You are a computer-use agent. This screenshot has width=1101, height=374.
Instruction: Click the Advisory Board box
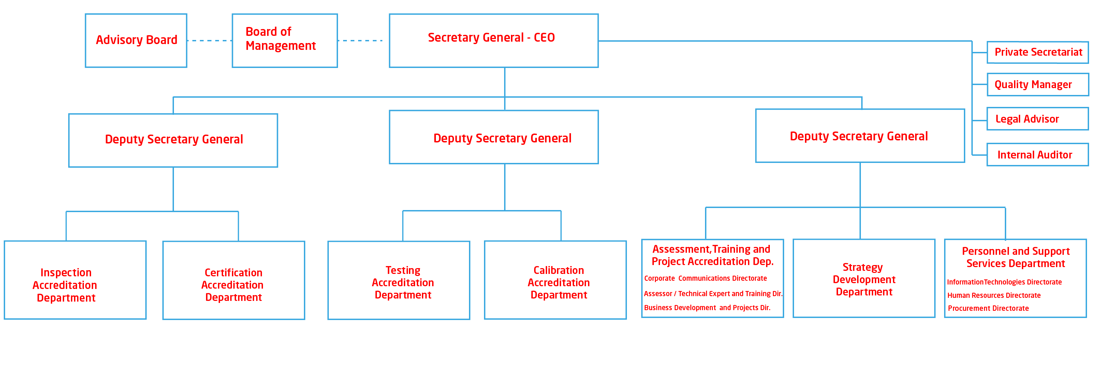click(x=136, y=40)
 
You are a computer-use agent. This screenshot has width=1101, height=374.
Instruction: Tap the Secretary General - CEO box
click(x=493, y=40)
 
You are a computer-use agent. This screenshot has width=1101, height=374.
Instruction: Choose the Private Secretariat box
click(x=1037, y=52)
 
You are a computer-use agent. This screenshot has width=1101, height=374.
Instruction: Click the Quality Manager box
click(x=1037, y=85)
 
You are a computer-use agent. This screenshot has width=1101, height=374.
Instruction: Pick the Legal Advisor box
click(x=1037, y=119)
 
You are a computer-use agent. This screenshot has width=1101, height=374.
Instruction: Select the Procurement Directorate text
click(x=988, y=308)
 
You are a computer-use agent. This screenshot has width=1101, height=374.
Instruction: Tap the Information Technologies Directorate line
click(x=1004, y=282)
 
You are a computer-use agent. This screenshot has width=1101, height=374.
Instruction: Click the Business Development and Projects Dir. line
click(x=707, y=308)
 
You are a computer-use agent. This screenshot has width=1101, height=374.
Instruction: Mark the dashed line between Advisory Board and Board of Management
click(x=209, y=41)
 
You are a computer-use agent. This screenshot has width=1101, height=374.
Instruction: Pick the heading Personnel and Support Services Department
click(x=1015, y=257)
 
